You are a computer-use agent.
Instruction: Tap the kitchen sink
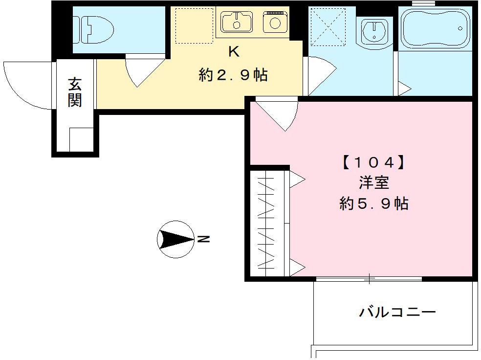coord(236,22)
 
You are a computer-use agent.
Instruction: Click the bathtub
coord(435,28)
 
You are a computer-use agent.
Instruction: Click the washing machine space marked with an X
coord(328,27)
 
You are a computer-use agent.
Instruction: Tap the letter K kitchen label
coord(234,52)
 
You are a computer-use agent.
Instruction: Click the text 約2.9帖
coord(233,75)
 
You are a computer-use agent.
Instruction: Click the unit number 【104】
coord(373,162)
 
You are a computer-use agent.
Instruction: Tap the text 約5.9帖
coord(373,203)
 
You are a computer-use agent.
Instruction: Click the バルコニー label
coord(397,312)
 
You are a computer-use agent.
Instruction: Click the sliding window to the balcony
coord(369,279)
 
